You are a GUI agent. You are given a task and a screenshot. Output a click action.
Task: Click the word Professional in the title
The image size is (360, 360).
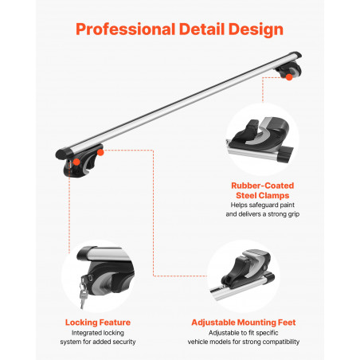[125, 29]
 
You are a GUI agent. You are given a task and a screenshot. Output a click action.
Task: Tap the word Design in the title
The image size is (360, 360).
[256, 29]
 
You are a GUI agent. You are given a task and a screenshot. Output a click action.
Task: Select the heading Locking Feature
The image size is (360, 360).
[98, 323]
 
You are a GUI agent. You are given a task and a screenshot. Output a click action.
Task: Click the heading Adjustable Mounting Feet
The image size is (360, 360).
[244, 323]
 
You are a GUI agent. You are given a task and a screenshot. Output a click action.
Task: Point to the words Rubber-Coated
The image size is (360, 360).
[263, 186]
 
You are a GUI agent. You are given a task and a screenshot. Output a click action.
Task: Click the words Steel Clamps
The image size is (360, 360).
[263, 195]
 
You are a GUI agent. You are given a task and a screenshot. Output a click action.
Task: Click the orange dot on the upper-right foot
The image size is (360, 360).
[289, 77]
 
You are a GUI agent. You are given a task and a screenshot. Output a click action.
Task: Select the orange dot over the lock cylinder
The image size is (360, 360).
[76, 162]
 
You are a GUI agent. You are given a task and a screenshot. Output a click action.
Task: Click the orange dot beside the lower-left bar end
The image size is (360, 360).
[100, 152]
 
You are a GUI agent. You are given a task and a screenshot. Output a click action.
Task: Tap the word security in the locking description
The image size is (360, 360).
[124, 342]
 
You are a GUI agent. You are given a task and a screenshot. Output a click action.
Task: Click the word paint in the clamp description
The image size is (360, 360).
[287, 205]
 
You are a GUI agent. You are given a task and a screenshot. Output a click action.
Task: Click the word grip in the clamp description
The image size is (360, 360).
[293, 214]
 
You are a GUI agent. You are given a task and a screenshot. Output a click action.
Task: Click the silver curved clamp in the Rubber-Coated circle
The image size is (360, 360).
[262, 131]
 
